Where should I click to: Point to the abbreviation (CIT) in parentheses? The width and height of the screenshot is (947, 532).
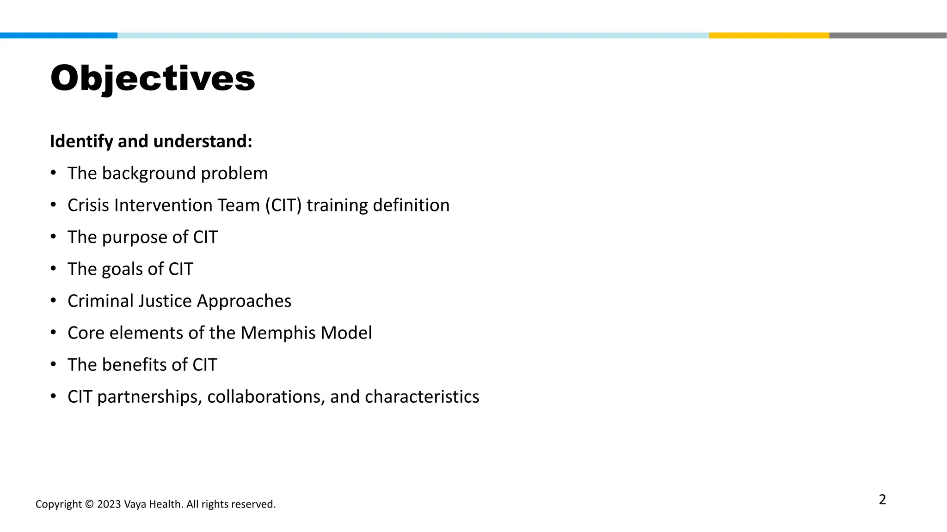click(x=283, y=206)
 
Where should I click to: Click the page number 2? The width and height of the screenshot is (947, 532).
click(x=882, y=500)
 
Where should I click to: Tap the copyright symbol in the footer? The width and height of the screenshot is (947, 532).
click(x=89, y=504)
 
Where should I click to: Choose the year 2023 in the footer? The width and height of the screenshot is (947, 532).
click(x=109, y=504)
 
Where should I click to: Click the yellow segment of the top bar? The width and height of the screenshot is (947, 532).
click(x=769, y=36)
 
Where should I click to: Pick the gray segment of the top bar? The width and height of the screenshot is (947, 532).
click(x=888, y=36)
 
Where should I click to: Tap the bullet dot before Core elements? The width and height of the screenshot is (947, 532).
click(x=54, y=332)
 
